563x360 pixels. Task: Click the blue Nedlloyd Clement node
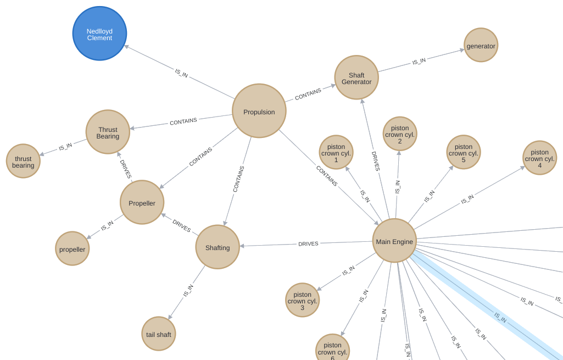tap(100, 34)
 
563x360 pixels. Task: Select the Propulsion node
tap(259, 111)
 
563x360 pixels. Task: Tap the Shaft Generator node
tap(356, 77)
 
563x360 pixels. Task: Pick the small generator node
tap(481, 45)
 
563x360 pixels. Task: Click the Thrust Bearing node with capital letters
tap(108, 132)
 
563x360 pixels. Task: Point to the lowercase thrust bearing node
tap(23, 161)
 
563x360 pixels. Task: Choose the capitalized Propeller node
tap(142, 202)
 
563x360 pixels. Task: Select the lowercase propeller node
tap(72, 248)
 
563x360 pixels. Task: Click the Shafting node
tap(218, 247)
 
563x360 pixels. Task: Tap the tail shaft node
tap(159, 334)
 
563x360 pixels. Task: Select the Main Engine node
tap(394, 241)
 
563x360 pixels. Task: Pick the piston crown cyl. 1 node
tap(336, 152)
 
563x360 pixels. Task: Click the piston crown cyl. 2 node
tap(400, 134)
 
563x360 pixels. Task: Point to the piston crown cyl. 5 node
tap(464, 152)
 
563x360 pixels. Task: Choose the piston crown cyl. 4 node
tap(540, 158)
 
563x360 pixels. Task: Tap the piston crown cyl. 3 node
tap(302, 300)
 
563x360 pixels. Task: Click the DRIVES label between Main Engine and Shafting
tap(308, 243)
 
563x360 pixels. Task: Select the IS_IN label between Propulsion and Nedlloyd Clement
tap(181, 73)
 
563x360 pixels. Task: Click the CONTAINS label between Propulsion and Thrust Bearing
tap(183, 121)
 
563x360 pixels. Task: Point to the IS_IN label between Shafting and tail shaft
tap(188, 291)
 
